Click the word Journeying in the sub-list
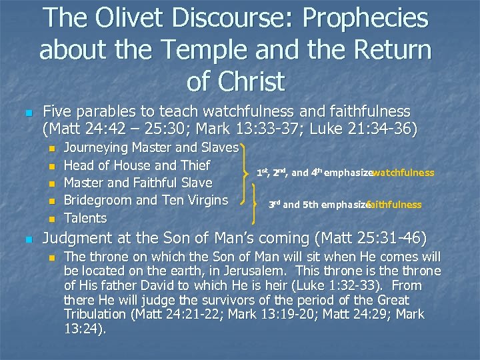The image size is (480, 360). click(97, 147)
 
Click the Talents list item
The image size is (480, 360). click(85, 218)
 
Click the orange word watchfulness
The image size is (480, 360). click(403, 173)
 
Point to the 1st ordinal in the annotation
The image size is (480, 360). click(263, 173)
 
